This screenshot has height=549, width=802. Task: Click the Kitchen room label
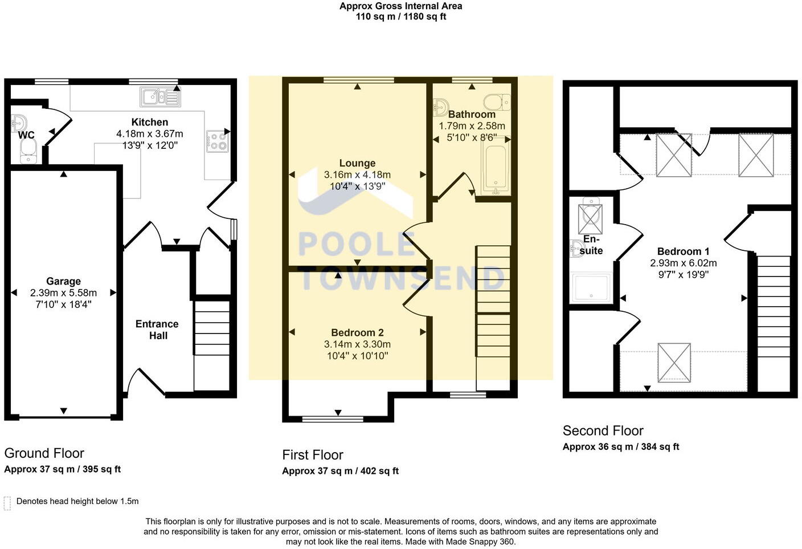(149, 122)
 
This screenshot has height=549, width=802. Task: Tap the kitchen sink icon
(160, 97)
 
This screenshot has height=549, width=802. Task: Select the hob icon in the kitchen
(217, 141)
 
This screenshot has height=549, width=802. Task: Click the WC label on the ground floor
(26, 135)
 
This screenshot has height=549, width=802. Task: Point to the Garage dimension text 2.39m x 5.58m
(63, 292)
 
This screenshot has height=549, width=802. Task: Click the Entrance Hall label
(157, 330)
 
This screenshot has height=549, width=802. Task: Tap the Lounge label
(357, 163)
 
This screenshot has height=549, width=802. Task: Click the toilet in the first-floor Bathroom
(497, 103)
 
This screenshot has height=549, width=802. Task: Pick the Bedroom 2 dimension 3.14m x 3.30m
(357, 344)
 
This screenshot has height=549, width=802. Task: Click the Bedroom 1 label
(683, 251)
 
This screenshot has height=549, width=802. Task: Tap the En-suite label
(591, 245)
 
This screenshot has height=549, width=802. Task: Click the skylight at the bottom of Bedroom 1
(674, 363)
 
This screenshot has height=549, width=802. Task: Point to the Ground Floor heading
(44, 453)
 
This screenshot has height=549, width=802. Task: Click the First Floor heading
(313, 455)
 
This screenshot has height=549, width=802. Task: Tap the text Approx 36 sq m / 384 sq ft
(621, 447)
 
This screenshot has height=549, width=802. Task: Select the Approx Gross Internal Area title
(401, 6)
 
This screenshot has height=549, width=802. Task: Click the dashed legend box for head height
(7, 503)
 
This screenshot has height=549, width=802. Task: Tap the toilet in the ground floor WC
(28, 151)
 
